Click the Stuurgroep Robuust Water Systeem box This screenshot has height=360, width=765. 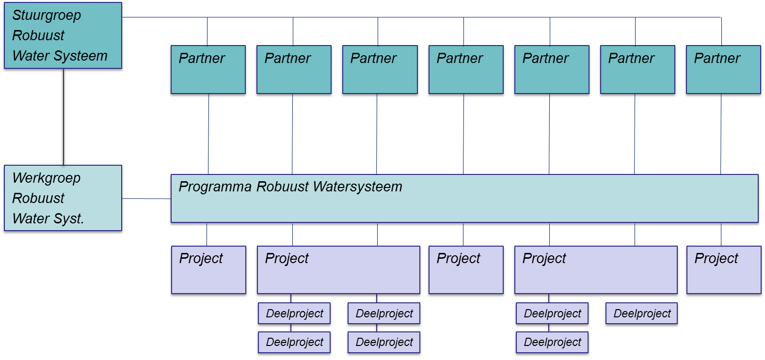(63, 35)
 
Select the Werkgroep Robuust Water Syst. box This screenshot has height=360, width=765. (63, 198)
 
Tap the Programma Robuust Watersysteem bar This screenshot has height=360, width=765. (464, 199)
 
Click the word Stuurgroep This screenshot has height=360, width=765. (47, 16)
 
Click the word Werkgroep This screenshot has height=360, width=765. (47, 178)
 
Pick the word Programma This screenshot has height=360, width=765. (215, 187)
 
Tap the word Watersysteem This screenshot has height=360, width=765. (357, 187)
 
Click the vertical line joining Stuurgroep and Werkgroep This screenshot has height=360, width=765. (64, 116)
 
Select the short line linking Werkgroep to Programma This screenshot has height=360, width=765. (146, 198)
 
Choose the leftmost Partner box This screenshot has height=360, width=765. (208, 69)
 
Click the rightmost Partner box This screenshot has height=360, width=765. (723, 69)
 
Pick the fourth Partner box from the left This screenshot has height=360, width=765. (466, 69)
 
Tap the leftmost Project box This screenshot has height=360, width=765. (208, 270)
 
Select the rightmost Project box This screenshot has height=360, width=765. (724, 270)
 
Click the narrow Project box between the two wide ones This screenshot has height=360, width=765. (466, 270)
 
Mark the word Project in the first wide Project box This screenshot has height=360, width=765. (287, 258)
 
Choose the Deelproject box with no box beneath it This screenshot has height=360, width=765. (641, 313)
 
